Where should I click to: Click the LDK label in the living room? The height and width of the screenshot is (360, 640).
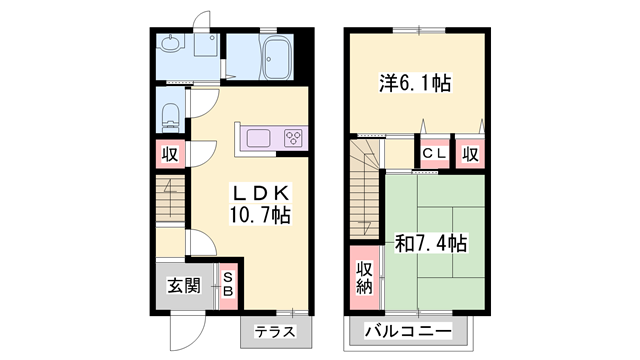point(262,192)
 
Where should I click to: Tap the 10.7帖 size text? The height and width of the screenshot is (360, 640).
point(262,214)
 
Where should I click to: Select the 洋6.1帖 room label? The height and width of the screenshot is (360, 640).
point(414,83)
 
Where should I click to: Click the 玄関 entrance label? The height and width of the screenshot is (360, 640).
point(184,285)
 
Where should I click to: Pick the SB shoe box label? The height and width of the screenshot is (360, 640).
point(228,284)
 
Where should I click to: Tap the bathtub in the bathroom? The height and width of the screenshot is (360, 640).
point(275,55)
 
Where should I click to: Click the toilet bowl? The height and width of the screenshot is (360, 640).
point(170,114)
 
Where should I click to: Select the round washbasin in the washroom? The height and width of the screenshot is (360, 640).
point(171,44)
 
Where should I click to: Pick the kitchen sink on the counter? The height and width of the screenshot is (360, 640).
point(256,138)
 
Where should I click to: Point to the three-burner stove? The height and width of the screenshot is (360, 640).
point(294,138)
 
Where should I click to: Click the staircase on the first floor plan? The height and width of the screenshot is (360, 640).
point(170,200)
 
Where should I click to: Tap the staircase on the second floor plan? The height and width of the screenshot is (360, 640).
point(367,180)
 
